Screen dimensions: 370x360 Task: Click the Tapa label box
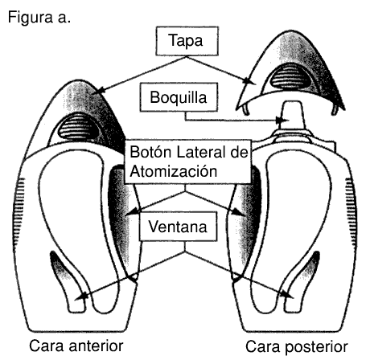187,41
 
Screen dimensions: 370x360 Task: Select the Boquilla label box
179,97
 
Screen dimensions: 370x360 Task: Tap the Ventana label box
178,227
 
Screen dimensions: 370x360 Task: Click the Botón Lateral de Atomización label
188,162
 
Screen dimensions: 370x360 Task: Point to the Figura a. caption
39,18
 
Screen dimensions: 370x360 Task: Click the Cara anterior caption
76,346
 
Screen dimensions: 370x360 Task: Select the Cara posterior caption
297,346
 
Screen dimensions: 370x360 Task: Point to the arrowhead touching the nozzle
282,121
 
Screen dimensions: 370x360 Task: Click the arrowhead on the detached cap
249,81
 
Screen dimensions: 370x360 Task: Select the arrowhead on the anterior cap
98,91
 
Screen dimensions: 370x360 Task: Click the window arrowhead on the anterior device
81,296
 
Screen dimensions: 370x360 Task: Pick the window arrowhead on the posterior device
287,294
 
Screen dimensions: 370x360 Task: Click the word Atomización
174,171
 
